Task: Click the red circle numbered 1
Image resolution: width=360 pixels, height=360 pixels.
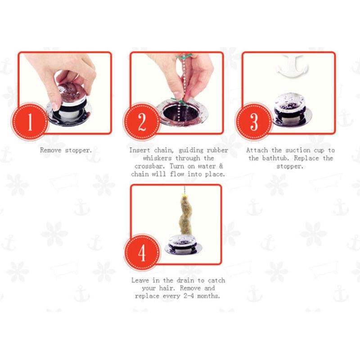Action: pos(30,121)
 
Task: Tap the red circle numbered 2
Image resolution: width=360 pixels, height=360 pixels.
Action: pos(142,121)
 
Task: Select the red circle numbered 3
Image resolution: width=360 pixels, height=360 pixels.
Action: pos(254,121)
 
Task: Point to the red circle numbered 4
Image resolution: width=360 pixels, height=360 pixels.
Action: pos(142,252)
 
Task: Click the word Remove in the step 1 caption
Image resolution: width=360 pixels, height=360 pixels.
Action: pos(51,150)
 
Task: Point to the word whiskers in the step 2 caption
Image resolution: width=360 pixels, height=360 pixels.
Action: pos(157,158)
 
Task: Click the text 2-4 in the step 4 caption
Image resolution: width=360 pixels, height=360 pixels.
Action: pos(188,296)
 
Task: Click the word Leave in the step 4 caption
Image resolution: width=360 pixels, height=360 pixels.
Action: pos(140,280)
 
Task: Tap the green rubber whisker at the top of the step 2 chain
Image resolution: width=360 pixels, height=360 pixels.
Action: pos(184,56)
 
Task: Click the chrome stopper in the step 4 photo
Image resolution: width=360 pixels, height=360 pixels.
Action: pos(184,244)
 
